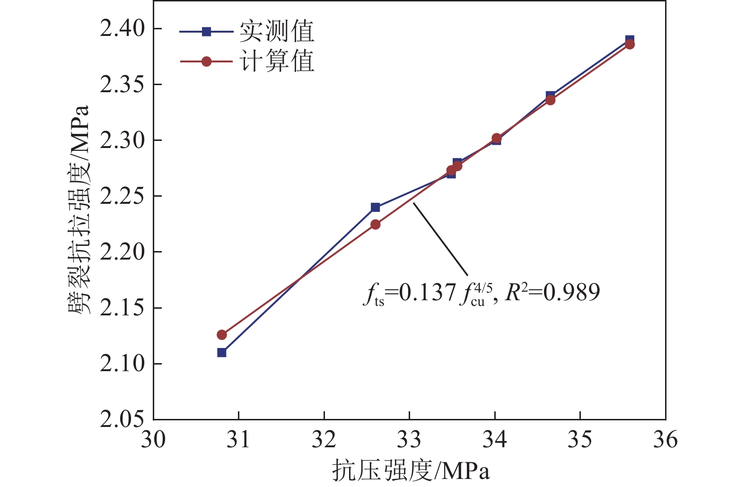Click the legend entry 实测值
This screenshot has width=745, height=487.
pos(276,32)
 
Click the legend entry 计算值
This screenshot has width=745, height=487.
pos(276,61)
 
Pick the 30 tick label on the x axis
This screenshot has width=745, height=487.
pos(153,440)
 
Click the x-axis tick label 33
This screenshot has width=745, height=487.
pos(409,440)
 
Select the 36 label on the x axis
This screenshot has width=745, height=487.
pos(665,440)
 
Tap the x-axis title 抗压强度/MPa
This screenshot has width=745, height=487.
pos(411,470)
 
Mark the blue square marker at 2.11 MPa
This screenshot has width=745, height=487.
pos(222,352)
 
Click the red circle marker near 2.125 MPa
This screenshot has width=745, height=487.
pos(222,335)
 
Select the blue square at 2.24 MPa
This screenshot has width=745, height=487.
pos(375,207)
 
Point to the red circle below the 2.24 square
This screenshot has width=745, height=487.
pos(375,224)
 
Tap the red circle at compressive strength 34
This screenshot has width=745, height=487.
pos(496,138)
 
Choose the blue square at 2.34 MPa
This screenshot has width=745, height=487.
pos(550,96)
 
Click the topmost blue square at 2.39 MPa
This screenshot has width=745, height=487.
pos(630,39)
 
